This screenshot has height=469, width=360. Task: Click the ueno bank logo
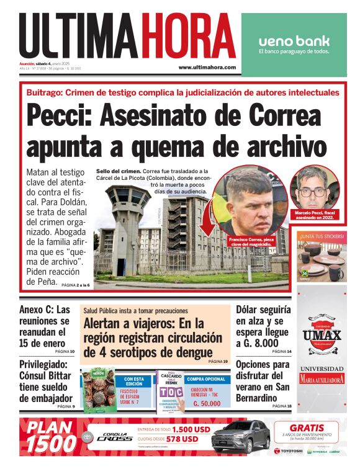point(294,41)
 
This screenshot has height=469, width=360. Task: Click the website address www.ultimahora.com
point(207,67)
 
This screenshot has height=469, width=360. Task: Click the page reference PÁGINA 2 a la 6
point(76,285)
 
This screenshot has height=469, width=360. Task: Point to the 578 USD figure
point(181,439)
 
